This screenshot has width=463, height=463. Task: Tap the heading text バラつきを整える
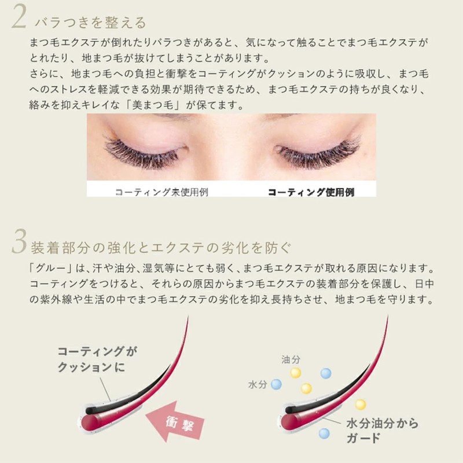(90, 23)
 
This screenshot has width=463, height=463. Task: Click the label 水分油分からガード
(382, 429)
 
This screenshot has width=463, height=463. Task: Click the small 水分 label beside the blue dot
(256, 385)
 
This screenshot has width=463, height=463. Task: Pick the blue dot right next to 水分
(276, 383)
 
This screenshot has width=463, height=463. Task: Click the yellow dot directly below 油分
(296, 373)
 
